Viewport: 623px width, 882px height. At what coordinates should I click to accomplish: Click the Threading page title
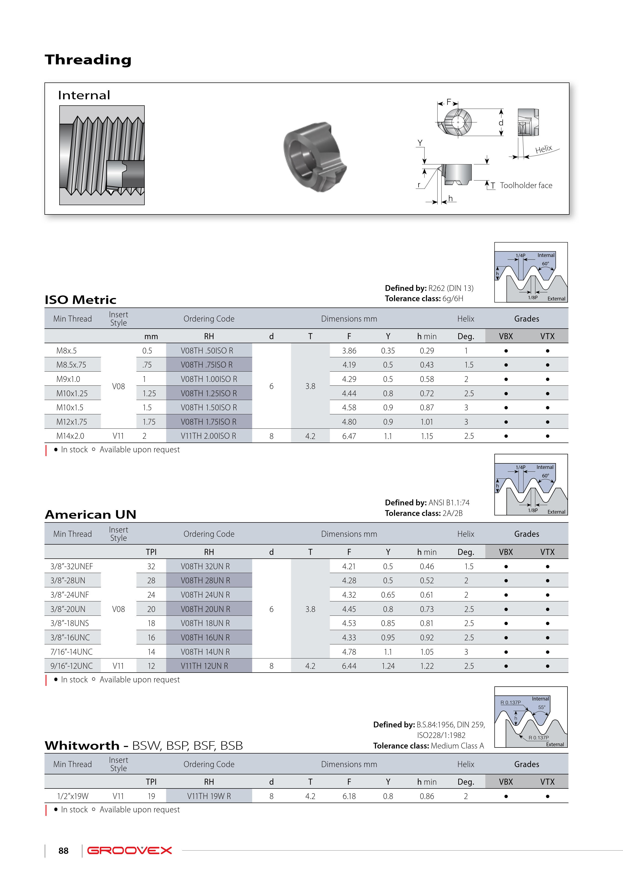pyautogui.click(x=88, y=60)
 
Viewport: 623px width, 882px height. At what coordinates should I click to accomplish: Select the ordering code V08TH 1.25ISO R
pyautogui.click(x=209, y=393)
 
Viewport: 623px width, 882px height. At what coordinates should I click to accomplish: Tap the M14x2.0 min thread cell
pyautogui.click(x=70, y=436)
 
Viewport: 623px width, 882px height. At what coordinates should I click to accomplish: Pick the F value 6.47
pyautogui.click(x=349, y=436)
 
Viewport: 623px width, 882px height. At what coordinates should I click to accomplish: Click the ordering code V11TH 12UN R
pyautogui.click(x=204, y=666)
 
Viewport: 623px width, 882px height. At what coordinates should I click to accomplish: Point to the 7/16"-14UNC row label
pyautogui.click(x=71, y=652)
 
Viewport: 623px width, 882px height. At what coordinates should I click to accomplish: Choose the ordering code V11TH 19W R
pyautogui.click(x=209, y=796)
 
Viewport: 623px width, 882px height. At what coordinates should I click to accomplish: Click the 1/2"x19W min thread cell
pyautogui.click(x=73, y=796)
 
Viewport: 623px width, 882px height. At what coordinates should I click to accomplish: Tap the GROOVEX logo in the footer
pyautogui.click(x=129, y=851)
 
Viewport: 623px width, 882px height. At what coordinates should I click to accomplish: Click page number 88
pyautogui.click(x=63, y=851)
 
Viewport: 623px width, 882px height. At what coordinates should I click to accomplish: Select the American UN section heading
pyautogui.click(x=91, y=514)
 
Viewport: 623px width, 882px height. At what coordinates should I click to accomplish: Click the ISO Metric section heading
pyautogui.click(x=81, y=300)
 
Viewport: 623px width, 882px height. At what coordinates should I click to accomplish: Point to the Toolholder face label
pyautogui.click(x=526, y=186)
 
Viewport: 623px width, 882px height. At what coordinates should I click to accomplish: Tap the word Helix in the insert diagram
pyautogui.click(x=544, y=149)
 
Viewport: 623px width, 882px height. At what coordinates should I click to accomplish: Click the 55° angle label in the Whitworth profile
pyautogui.click(x=542, y=707)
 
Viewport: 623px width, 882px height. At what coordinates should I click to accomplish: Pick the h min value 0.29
pyautogui.click(x=427, y=351)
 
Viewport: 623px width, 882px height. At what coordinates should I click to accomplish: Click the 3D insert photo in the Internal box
pyautogui.click(x=315, y=157)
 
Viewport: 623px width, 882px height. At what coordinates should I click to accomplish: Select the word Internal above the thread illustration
pyautogui.click(x=84, y=95)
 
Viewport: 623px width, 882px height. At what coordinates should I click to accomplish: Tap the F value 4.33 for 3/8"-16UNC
pyautogui.click(x=349, y=638)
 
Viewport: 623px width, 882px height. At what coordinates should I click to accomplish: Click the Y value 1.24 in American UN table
pyautogui.click(x=388, y=666)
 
